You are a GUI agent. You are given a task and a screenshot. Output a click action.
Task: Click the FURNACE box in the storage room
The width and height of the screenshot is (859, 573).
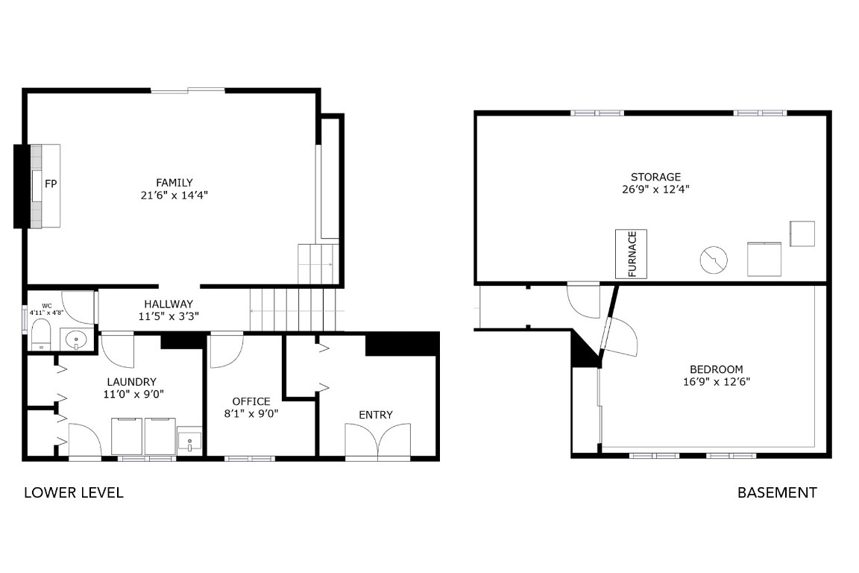tap(631, 254)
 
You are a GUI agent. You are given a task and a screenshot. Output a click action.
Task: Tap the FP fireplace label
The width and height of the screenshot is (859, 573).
tap(51, 184)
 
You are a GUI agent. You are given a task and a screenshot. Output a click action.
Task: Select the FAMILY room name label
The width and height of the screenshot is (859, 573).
tap(174, 182)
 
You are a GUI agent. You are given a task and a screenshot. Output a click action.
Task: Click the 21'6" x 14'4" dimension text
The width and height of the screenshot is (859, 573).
tap(174, 195)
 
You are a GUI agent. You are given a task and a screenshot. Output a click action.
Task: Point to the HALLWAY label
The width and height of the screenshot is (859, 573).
tap(169, 304)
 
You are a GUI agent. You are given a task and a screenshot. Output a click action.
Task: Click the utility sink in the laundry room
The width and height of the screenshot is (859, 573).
tap(190, 442)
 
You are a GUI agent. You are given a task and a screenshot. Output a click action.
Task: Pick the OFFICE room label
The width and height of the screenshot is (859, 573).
tap(251, 401)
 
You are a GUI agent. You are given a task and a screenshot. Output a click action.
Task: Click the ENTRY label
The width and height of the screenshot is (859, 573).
tap(375, 415)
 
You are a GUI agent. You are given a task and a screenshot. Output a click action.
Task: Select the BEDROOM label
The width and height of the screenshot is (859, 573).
tap(716, 369)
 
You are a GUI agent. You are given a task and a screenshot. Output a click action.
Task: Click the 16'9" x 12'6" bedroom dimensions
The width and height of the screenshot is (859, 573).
tap(716, 382)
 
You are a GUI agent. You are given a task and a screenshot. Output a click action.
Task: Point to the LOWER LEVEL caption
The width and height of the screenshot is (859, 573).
tap(74, 492)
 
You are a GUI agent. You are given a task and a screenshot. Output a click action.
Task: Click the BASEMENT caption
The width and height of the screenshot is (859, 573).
tap(777, 492)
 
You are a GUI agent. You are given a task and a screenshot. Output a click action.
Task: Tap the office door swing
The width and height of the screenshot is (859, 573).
tap(225, 351)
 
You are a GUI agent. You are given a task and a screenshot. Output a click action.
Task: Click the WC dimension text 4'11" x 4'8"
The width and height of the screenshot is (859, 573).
tap(46, 313)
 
